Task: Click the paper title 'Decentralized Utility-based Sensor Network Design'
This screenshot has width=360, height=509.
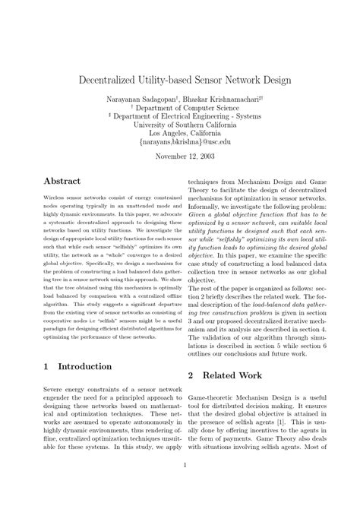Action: [x=179, y=80]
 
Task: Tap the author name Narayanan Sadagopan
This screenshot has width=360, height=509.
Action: [x=143, y=100]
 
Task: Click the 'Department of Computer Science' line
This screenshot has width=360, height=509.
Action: [x=181, y=109]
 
